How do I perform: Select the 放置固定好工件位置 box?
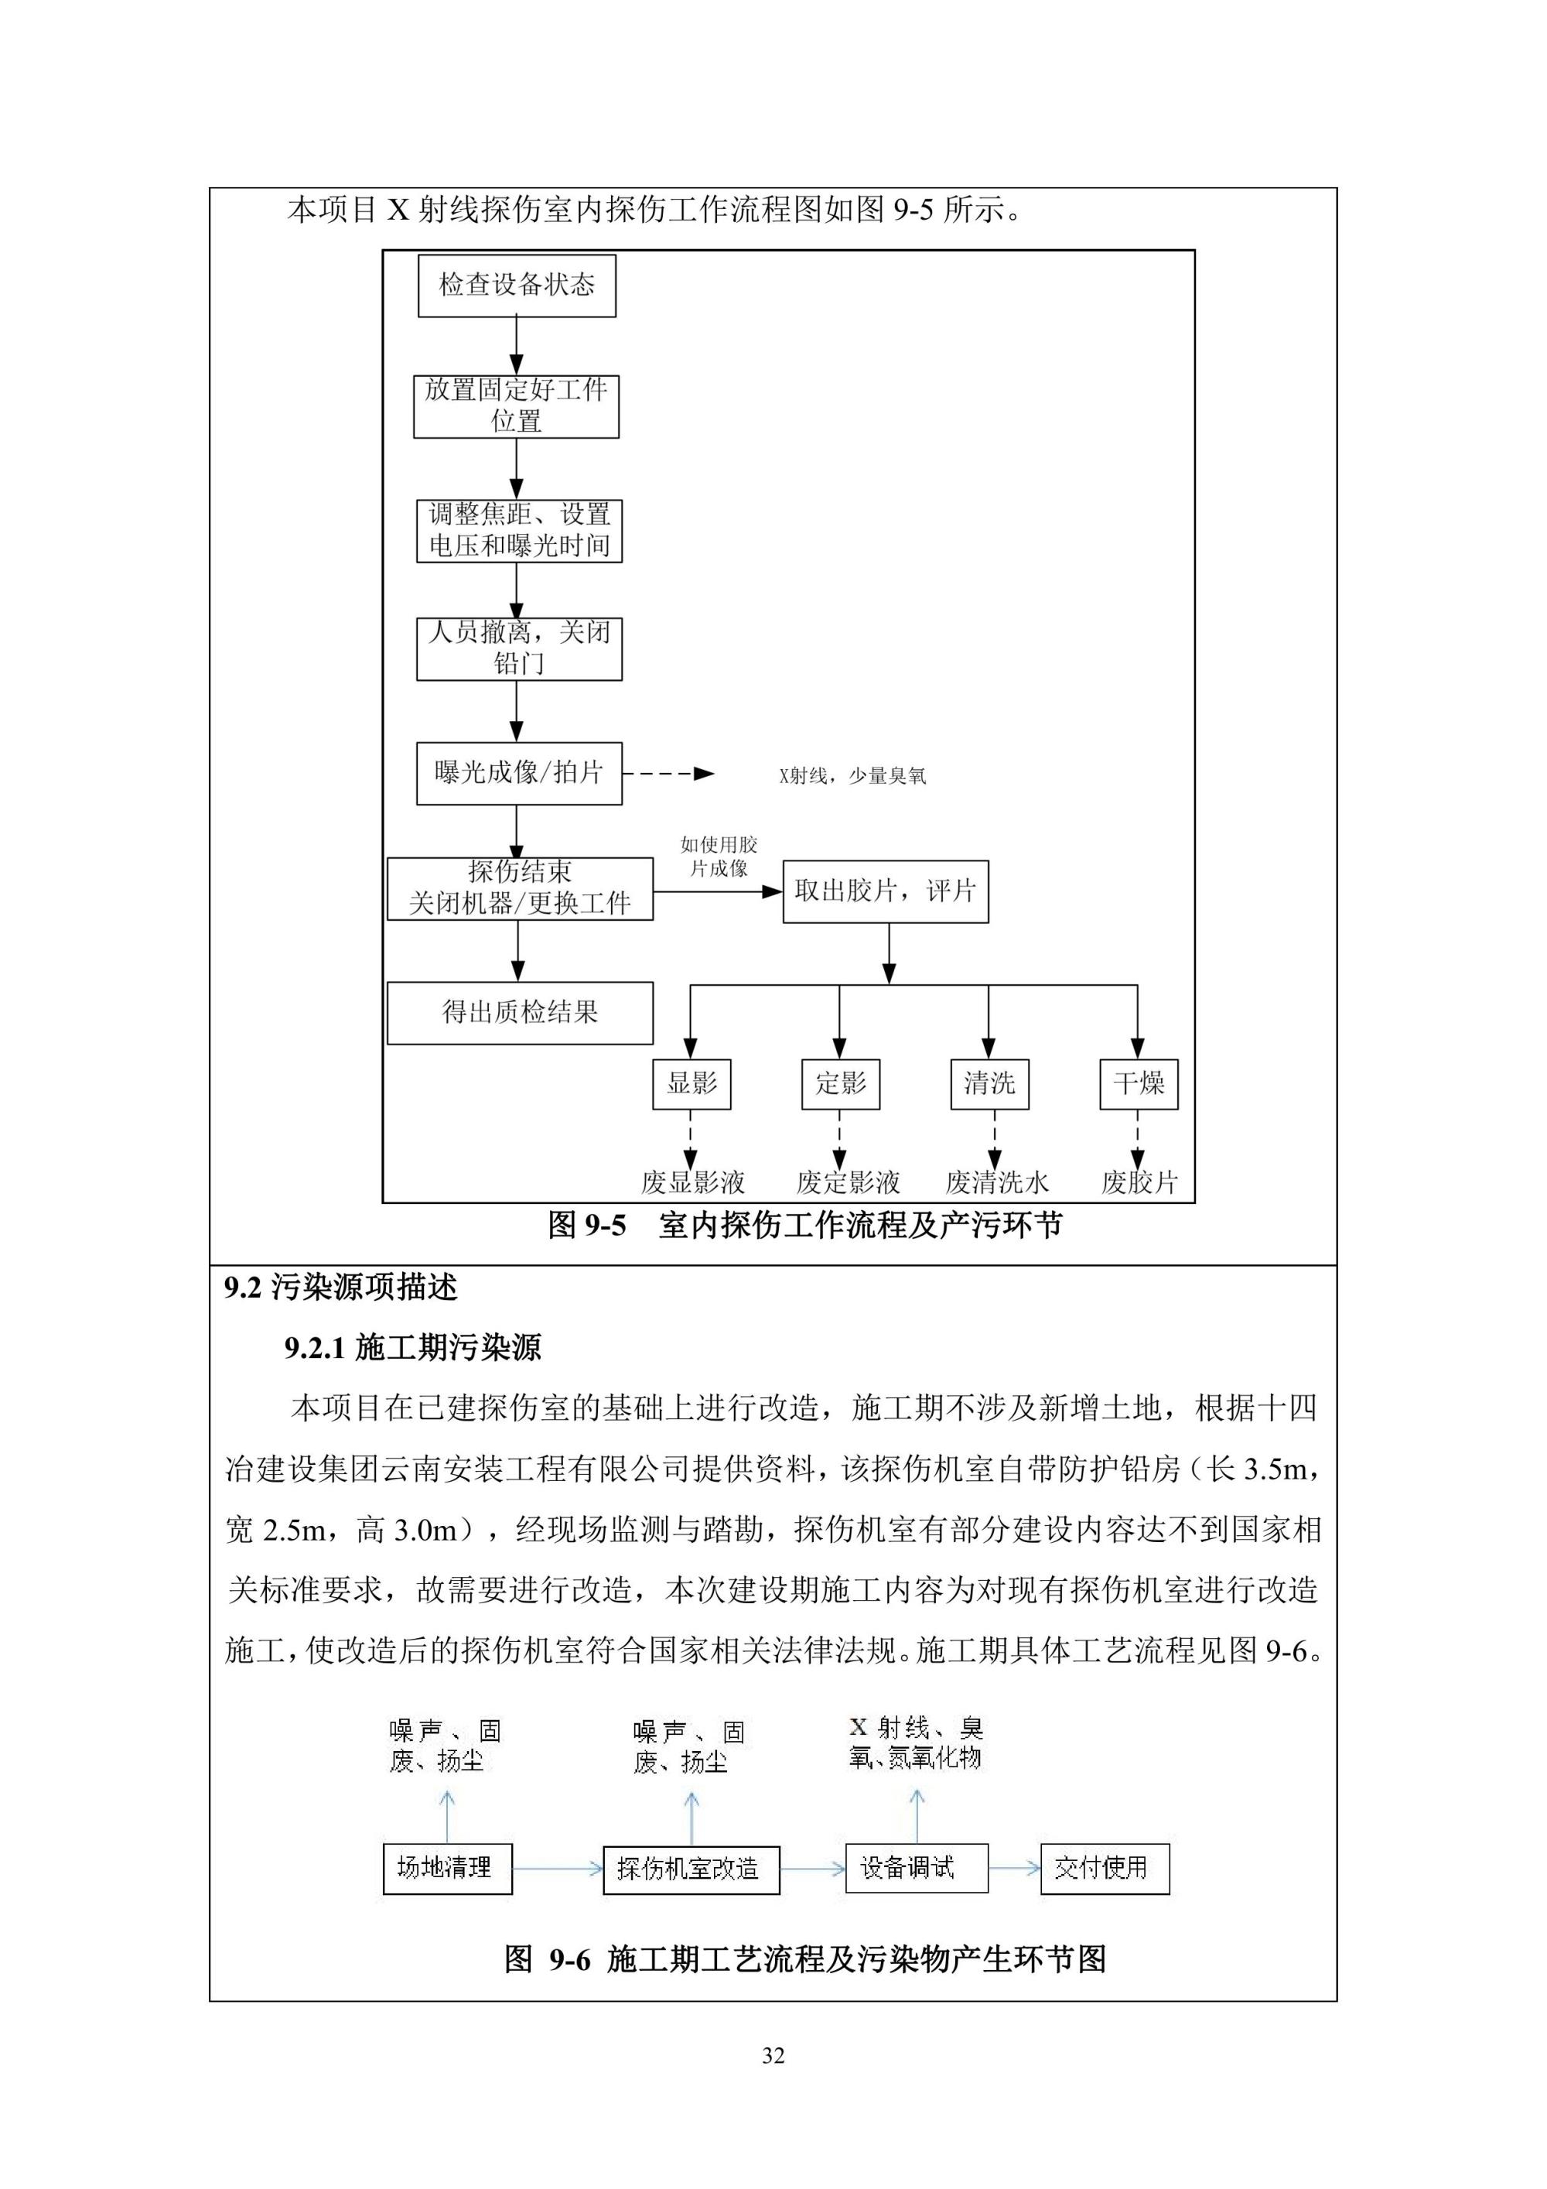[516, 407]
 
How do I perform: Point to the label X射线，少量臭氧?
[852, 776]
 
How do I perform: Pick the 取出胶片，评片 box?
[886, 891]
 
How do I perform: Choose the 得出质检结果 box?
[520, 1014]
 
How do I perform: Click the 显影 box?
[692, 1084]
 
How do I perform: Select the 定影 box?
[841, 1084]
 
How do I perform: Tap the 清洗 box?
[989, 1084]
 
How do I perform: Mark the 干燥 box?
[1139, 1084]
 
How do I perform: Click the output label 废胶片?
[1140, 1183]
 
